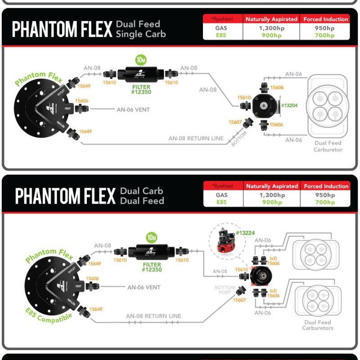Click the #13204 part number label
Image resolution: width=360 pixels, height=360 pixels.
click(289, 105)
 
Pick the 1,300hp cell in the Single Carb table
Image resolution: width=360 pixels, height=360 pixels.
click(271, 27)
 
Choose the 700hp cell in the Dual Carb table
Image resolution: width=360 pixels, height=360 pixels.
click(325, 202)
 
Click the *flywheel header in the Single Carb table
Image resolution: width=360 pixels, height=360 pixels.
click(222, 19)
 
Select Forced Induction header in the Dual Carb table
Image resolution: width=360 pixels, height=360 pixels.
click(326, 186)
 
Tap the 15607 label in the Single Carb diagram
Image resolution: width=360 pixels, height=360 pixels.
click(235, 122)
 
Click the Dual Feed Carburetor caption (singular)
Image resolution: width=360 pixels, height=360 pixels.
click(328, 146)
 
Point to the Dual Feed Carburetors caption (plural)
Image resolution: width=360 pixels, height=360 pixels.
click(318, 325)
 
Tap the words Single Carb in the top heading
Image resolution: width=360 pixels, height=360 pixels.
click(141, 34)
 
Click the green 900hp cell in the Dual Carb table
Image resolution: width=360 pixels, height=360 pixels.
click(272, 202)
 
